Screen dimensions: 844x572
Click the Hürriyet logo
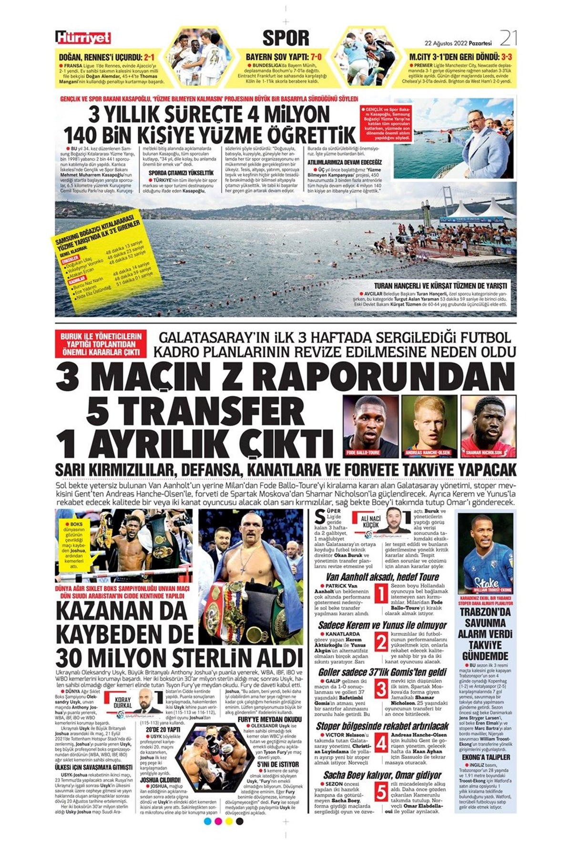(83, 38)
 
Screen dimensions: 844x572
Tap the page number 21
(508, 38)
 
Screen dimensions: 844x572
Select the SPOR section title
(286, 38)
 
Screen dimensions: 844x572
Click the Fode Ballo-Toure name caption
(363, 452)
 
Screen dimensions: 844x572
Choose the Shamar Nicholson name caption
(484, 452)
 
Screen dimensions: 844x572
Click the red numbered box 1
(380, 594)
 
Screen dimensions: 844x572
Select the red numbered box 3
(380, 689)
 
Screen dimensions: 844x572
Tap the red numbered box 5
(380, 792)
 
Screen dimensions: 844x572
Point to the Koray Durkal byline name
(123, 702)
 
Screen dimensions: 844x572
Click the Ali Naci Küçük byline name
(370, 521)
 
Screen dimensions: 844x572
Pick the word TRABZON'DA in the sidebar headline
(485, 612)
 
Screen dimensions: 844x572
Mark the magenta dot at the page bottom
(218, 821)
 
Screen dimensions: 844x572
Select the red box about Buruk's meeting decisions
(101, 344)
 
